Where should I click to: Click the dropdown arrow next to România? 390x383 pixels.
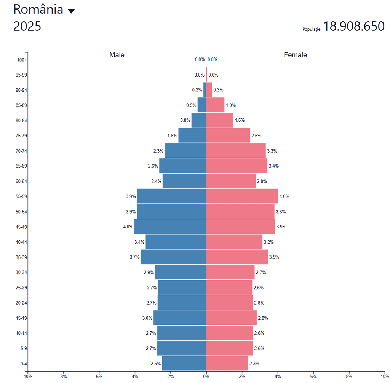click(71, 11)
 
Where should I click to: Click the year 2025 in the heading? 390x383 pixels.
click(27, 27)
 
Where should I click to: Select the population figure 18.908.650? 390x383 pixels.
click(354, 27)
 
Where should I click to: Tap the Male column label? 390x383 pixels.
click(117, 55)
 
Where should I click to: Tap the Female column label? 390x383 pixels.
click(295, 55)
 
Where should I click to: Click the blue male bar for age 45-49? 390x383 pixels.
click(170, 227)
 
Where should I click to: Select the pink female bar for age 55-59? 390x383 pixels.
click(242, 196)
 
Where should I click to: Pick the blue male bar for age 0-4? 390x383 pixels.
click(184, 363)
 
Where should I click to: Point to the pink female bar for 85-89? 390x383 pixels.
click(215, 105)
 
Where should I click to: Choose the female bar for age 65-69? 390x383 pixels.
click(237, 166)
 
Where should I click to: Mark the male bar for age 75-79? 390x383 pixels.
click(192, 136)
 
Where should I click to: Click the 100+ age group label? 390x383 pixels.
click(22, 60)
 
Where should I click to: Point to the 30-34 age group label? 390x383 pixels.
click(21, 273)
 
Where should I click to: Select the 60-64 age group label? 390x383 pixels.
click(21, 181)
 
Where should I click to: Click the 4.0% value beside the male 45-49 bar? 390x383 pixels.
click(128, 227)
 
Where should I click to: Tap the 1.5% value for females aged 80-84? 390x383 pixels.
click(240, 120)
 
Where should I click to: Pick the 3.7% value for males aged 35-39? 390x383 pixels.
click(134, 257)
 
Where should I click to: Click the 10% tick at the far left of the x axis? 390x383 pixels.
click(28, 377)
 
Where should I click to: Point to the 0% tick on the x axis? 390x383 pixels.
click(206, 377)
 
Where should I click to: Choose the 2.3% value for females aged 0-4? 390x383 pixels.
click(254, 364)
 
